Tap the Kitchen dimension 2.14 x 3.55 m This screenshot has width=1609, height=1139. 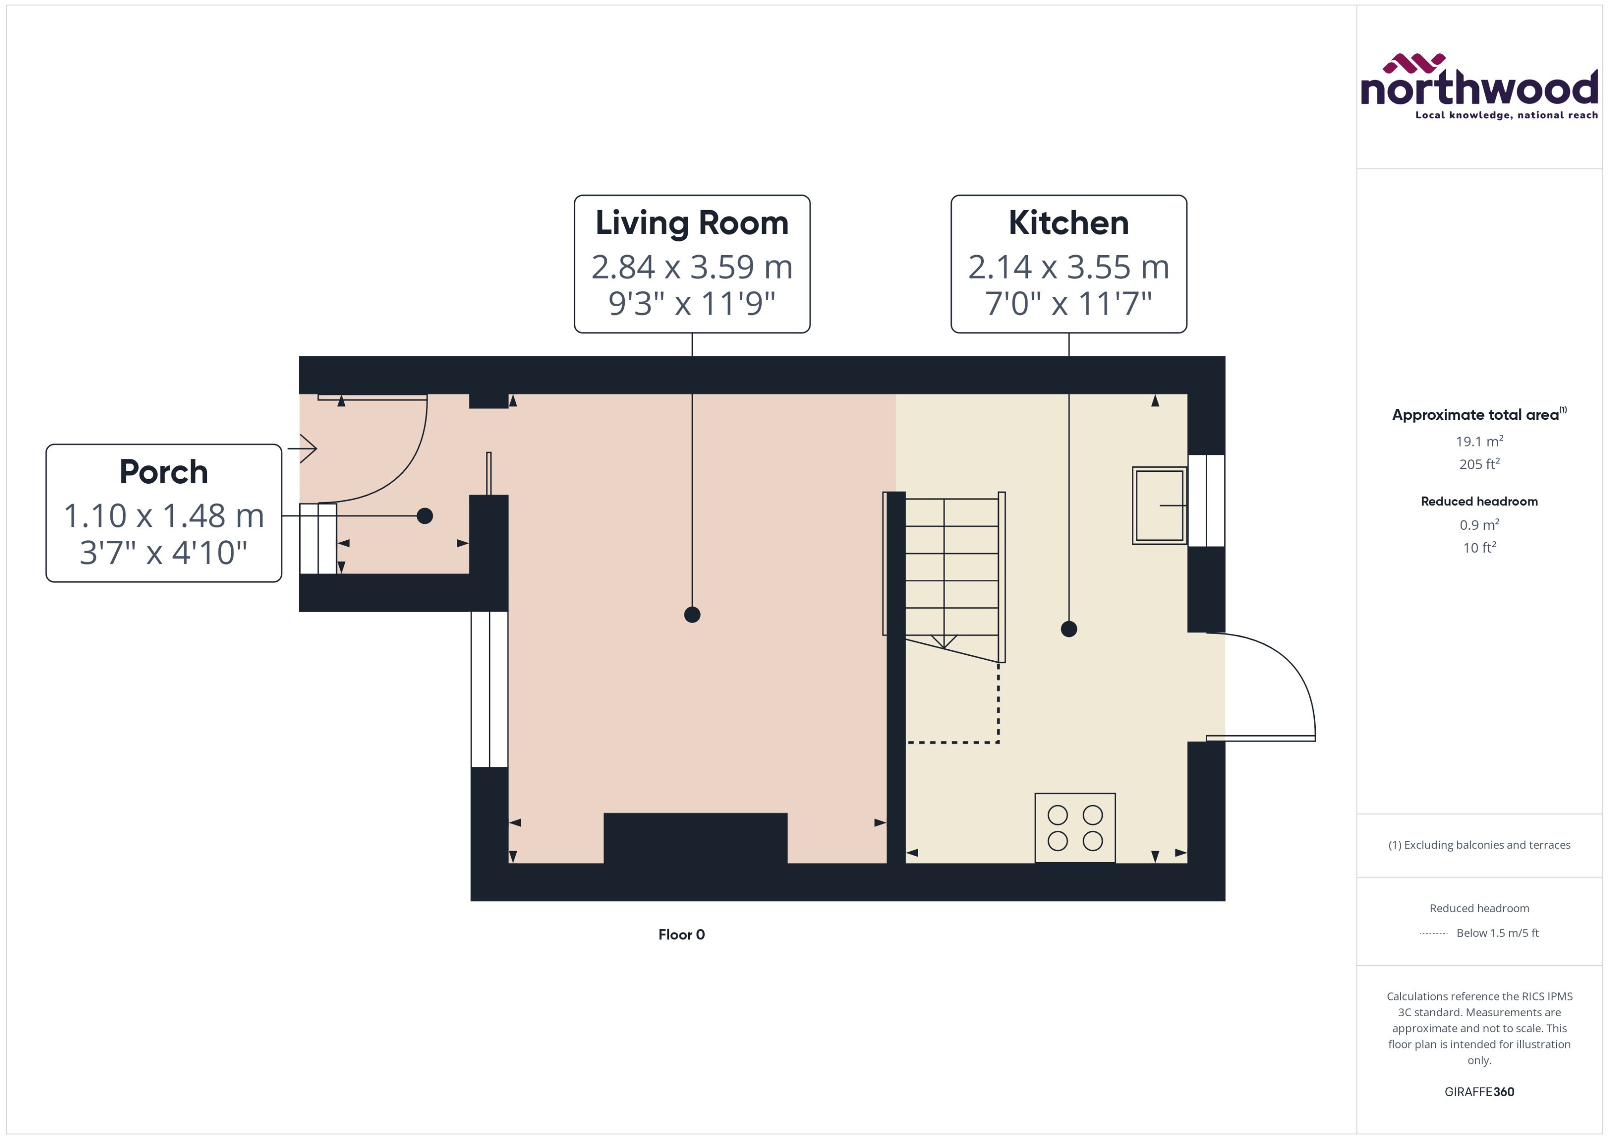[1068, 267]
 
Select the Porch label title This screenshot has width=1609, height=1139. [163, 472]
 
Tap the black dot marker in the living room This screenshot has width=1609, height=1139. [691, 614]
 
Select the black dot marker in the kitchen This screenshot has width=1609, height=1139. [1068, 629]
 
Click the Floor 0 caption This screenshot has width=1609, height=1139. [681, 934]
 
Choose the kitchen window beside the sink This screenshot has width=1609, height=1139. [1205, 500]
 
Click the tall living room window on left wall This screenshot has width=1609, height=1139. [489, 689]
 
